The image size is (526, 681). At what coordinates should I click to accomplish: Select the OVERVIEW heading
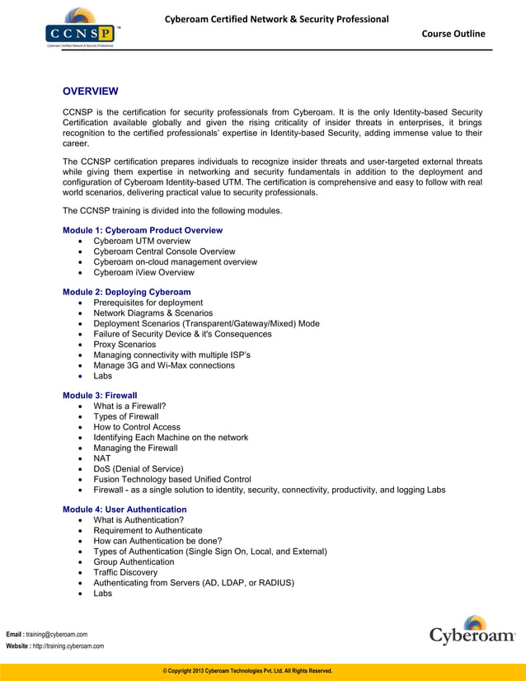tap(91, 91)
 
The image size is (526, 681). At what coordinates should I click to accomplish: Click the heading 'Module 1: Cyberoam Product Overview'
tap(143, 230)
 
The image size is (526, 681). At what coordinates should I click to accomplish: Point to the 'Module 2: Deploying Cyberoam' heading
tap(127, 292)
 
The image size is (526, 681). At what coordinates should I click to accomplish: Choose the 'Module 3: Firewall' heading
tap(100, 396)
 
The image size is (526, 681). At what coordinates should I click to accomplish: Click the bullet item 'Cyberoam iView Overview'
tap(144, 272)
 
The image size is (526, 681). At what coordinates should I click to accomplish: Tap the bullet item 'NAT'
tap(102, 458)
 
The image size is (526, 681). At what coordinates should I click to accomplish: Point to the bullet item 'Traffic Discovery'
tap(125, 572)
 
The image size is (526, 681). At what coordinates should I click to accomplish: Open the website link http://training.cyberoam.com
tap(65, 646)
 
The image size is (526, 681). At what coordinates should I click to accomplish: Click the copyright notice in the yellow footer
tap(247, 671)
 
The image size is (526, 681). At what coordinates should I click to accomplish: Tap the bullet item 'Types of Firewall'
tap(126, 417)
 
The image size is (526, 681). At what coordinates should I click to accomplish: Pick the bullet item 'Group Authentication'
tap(134, 561)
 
